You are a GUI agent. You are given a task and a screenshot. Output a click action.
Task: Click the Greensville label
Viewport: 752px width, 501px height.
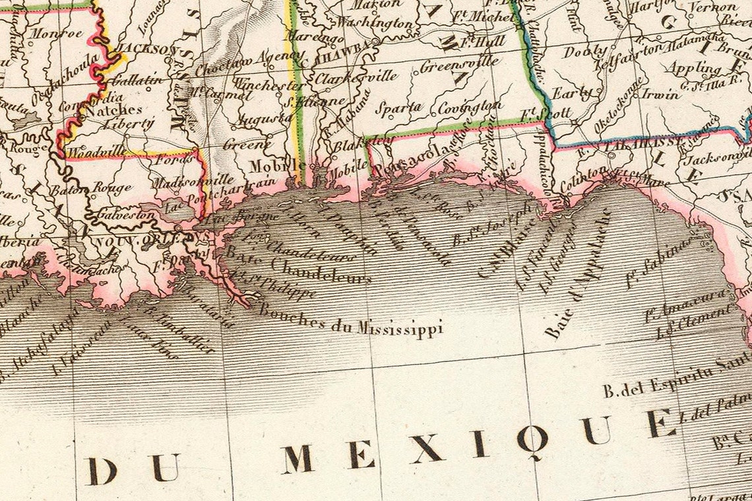[459, 67]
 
